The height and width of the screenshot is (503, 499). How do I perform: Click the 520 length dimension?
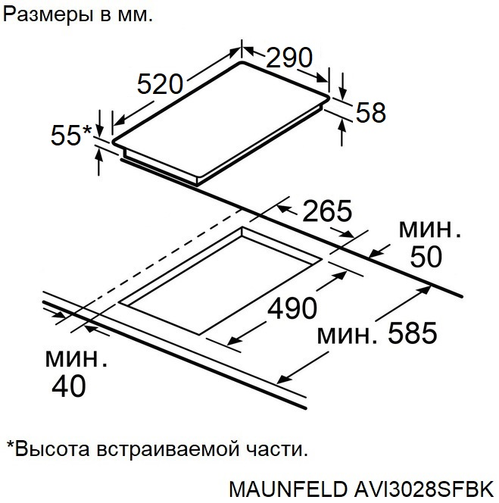161,83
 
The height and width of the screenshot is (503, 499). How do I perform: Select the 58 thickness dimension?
370,112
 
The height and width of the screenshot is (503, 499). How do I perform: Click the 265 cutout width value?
327,211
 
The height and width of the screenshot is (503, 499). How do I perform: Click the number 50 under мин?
426,257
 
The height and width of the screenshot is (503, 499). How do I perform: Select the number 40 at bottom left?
68,386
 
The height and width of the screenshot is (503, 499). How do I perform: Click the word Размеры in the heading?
45,14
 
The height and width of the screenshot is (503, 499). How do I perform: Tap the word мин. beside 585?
348,333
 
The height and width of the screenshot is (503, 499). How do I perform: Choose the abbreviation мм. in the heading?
134,14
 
